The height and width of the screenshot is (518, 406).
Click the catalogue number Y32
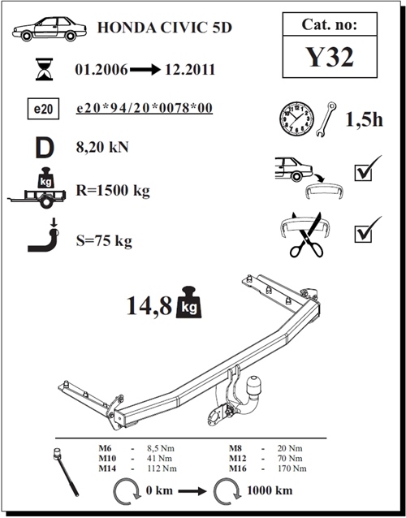tap(330, 57)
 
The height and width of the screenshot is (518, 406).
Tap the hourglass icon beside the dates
tap(45, 69)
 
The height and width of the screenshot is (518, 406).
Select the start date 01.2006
tap(101, 70)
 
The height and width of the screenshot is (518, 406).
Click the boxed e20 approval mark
tap(43, 109)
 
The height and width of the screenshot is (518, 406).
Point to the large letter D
tap(45, 148)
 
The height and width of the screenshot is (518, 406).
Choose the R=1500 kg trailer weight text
tap(113, 191)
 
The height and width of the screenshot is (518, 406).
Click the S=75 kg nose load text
tap(104, 241)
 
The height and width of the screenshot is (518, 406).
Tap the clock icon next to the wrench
tap(296, 119)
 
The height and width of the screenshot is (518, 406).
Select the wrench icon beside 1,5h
tap(326, 119)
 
